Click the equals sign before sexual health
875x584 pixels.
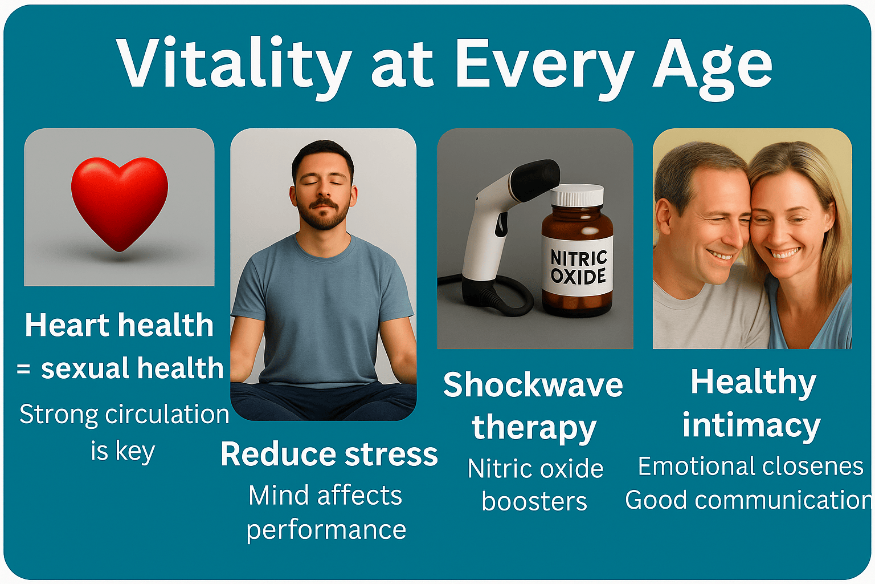click(23, 368)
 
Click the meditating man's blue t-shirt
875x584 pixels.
click(322, 309)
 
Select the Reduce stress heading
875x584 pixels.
click(329, 454)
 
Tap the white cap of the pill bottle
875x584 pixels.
click(577, 195)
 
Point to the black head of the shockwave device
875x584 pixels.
click(537, 178)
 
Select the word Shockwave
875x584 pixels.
click(533, 385)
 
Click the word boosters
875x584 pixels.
click(534, 501)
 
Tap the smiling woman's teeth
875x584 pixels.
click(783, 253)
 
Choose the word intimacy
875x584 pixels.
click(751, 425)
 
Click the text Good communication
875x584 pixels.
click(748, 500)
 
